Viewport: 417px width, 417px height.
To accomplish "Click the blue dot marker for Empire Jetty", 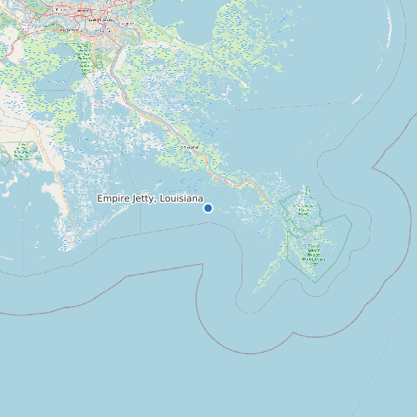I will click(x=208, y=208).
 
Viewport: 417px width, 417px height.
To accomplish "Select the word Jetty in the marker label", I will click(x=144, y=198).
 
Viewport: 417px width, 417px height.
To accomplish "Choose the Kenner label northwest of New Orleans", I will click(x=59, y=10).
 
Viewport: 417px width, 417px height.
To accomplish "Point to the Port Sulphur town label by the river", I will click(x=189, y=146).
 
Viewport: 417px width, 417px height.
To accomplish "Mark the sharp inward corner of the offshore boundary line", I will click(x=373, y=166).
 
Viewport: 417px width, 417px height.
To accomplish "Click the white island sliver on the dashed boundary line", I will click(x=357, y=99).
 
